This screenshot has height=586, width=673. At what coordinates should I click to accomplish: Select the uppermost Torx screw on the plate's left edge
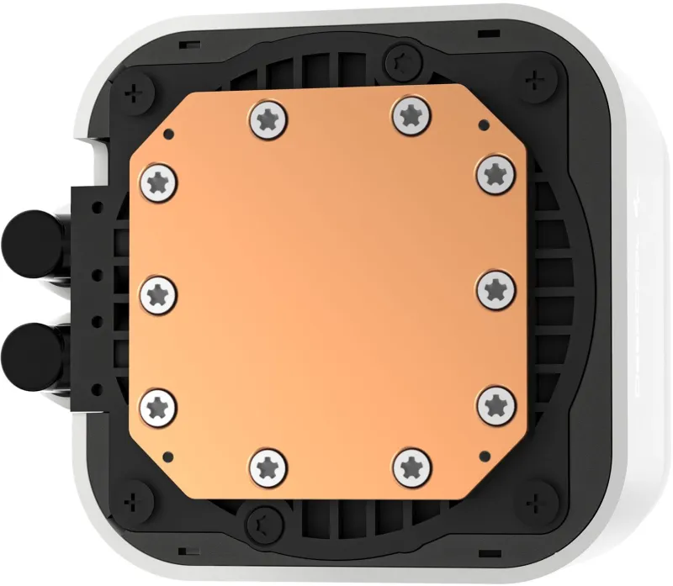click(159, 178)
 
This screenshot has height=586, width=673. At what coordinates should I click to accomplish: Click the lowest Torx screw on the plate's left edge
click(159, 407)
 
